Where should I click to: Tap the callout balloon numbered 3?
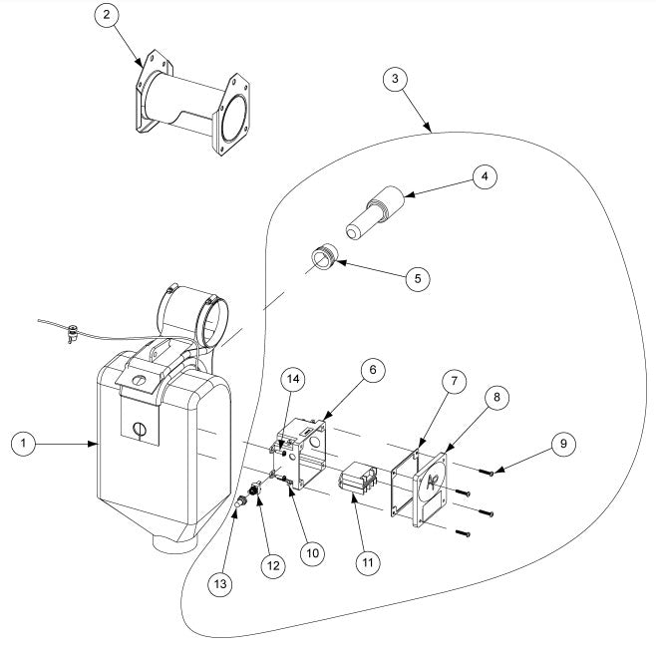[x=397, y=79]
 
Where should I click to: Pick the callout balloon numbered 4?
[x=483, y=177]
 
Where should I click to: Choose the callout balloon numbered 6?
[x=371, y=370]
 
